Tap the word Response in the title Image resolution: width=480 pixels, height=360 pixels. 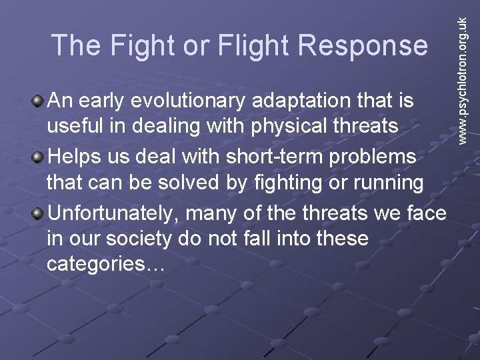[363, 45]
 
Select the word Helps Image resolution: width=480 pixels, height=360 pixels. [73, 157]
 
